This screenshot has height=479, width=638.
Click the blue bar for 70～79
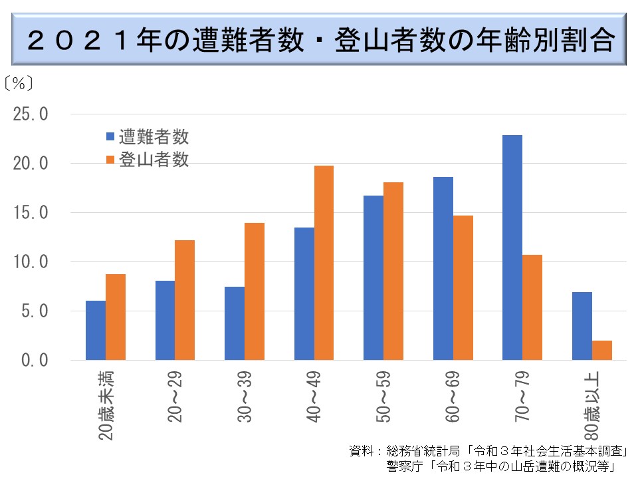[x=512, y=247]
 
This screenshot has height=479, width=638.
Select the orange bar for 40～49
[x=324, y=263]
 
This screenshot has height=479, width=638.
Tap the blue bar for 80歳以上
[x=582, y=326]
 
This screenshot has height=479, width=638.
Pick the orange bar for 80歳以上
[x=601, y=350]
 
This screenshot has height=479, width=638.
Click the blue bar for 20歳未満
[x=96, y=330]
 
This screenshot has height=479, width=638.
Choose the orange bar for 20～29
[x=185, y=300]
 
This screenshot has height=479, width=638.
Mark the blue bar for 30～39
[x=235, y=323]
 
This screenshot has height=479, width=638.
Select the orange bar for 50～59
[x=393, y=271]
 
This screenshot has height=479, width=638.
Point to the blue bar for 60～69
[x=443, y=268]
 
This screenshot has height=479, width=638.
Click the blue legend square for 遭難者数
[x=110, y=137]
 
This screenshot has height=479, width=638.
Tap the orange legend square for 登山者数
[x=110, y=160]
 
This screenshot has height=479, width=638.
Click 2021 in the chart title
[x=83, y=41]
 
